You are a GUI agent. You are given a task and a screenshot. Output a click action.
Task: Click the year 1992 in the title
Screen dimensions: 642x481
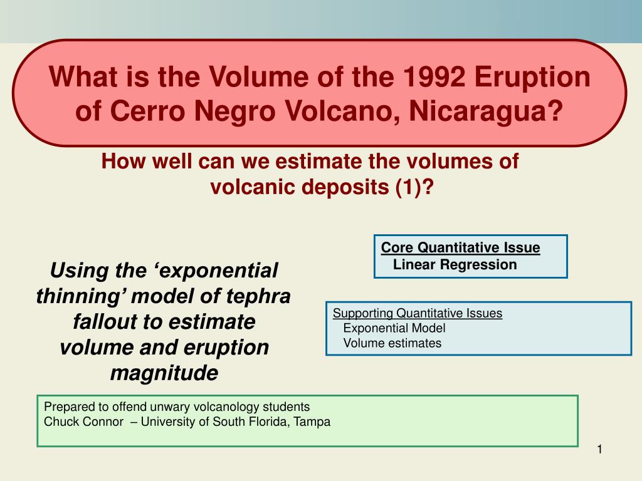(434, 77)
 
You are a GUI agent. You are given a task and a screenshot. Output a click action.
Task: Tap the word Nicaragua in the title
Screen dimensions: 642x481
(486, 111)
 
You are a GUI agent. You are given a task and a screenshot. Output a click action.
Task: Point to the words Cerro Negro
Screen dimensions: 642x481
(192, 111)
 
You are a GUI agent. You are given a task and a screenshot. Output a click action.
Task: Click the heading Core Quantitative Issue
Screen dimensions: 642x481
(461, 247)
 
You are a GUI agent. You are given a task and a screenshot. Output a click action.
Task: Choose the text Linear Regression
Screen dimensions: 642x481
(455, 265)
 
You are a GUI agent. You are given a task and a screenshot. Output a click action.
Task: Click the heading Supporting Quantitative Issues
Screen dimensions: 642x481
(418, 313)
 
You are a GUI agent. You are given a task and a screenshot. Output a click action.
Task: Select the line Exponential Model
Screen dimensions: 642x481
(394, 328)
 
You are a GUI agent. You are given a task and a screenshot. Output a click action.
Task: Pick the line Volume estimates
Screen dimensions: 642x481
(392, 343)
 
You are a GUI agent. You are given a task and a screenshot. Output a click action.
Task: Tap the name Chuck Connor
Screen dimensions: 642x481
(83, 422)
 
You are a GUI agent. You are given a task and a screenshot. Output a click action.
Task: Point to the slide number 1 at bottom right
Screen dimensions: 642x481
(600, 450)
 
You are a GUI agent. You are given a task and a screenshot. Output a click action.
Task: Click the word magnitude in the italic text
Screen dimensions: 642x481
(164, 373)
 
